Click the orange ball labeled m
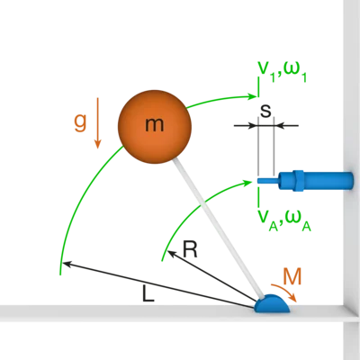click(x=155, y=127)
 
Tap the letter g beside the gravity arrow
click(x=80, y=122)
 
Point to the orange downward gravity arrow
click(x=97, y=123)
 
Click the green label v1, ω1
click(x=282, y=72)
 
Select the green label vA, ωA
click(x=284, y=220)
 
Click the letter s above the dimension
click(x=265, y=111)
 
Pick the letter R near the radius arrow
click(x=190, y=249)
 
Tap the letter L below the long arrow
click(x=148, y=293)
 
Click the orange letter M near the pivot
click(x=292, y=276)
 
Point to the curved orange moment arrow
click(x=285, y=291)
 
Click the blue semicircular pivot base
click(x=272, y=303)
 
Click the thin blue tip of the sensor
click(x=268, y=181)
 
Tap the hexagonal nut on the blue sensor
click(x=298, y=181)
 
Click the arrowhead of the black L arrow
click(x=66, y=264)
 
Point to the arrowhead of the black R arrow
click(x=171, y=254)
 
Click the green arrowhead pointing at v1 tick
click(x=252, y=96)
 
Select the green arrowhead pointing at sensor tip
click(x=247, y=182)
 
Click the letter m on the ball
click(x=155, y=124)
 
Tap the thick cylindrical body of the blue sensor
click(x=328, y=181)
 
